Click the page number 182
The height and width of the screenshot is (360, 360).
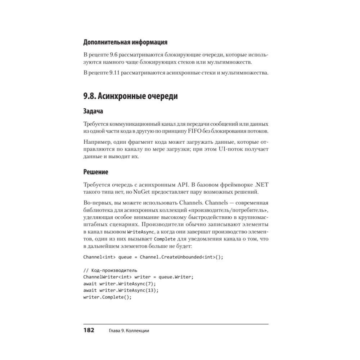pos(89,330)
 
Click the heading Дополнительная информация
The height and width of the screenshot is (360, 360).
pos(125,42)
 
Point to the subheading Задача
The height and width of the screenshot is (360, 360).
pos(93,112)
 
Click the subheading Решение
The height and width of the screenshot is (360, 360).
pos(96,172)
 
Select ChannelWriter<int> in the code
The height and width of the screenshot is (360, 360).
pos(107,277)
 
